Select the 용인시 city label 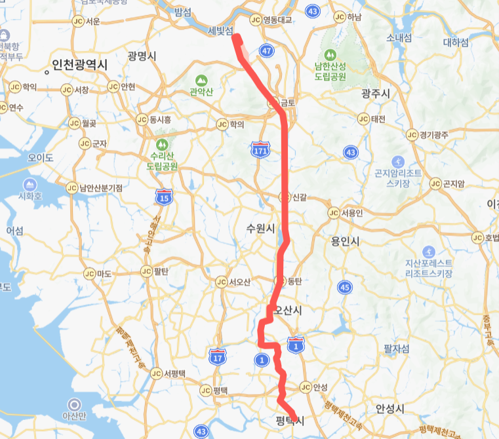[346, 241]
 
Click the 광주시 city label [375, 94]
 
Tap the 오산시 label [287, 310]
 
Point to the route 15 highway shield [164, 195]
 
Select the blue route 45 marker [346, 287]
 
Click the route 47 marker [266, 50]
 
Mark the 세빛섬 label [220, 31]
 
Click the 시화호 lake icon [29, 184]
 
